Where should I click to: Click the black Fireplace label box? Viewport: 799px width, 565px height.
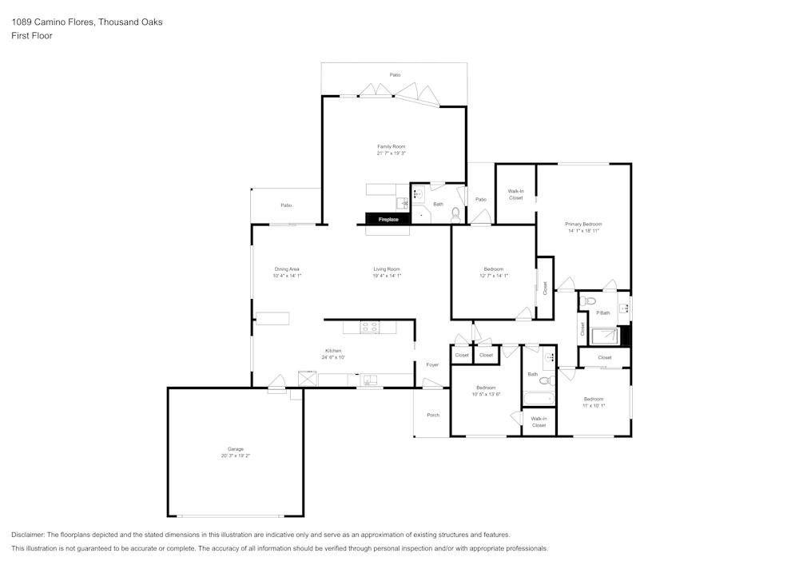pyautogui.click(x=388, y=219)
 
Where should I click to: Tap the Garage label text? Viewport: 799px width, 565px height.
pyautogui.click(x=236, y=449)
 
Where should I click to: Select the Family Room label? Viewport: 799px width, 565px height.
pyautogui.click(x=392, y=146)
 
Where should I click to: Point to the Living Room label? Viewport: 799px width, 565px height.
pyautogui.click(x=387, y=269)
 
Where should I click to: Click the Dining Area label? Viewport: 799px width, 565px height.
pyautogui.click(x=287, y=269)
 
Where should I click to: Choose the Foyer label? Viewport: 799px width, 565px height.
pyautogui.click(x=432, y=365)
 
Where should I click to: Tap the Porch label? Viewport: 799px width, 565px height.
pyautogui.click(x=433, y=415)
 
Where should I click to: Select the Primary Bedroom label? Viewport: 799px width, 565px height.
pyautogui.click(x=583, y=224)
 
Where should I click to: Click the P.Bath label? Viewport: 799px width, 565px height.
pyautogui.click(x=603, y=312)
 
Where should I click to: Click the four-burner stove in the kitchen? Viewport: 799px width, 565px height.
pyautogui.click(x=370, y=327)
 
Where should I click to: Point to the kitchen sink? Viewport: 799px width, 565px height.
pyautogui.click(x=369, y=380)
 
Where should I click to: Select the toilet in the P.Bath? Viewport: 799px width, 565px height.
pyautogui.click(x=590, y=301)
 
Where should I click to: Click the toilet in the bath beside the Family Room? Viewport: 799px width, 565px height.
pyautogui.click(x=455, y=214)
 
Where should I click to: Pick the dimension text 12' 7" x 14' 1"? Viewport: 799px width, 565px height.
pyautogui.click(x=494, y=276)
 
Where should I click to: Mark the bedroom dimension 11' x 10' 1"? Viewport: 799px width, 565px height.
pyautogui.click(x=594, y=406)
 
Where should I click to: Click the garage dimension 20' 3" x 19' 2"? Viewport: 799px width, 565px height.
pyautogui.click(x=236, y=456)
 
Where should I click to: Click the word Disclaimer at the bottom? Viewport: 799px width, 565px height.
pyautogui.click(x=28, y=535)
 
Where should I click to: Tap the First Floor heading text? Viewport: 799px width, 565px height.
pyautogui.click(x=32, y=36)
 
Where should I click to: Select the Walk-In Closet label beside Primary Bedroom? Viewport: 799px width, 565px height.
pyautogui.click(x=516, y=194)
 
